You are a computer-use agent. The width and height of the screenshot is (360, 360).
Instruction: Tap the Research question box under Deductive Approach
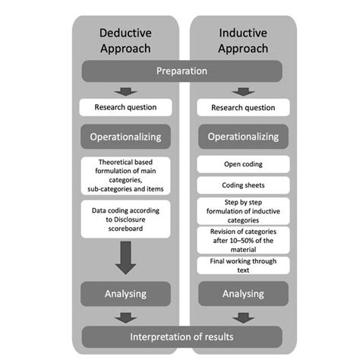[125, 107]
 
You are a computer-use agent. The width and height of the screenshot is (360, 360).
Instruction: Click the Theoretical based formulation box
[125, 175]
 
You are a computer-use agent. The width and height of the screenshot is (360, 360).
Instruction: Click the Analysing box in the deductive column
[125, 292]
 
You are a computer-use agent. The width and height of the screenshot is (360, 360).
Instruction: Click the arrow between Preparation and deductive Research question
[125, 91]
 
